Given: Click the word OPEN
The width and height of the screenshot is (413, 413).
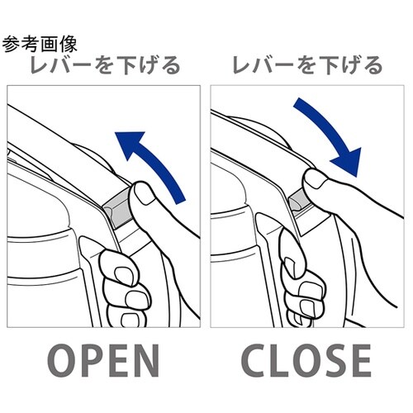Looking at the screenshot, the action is tap(103, 361).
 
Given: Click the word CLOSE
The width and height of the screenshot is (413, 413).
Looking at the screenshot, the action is tap(306, 361).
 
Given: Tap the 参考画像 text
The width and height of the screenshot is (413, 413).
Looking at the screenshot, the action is tap(40, 44).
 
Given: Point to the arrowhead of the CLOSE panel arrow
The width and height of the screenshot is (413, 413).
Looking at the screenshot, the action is tap(349, 163).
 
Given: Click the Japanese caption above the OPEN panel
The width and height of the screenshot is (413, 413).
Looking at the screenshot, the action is tap(105, 65).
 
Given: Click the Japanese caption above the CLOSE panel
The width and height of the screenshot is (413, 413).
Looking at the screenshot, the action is tap(307, 65).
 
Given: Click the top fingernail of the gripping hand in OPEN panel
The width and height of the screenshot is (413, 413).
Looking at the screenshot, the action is tap(123, 273).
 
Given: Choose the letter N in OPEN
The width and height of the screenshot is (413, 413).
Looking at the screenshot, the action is tap(146, 361).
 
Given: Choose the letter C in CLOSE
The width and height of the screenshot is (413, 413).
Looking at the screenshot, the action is tap(254, 361).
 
